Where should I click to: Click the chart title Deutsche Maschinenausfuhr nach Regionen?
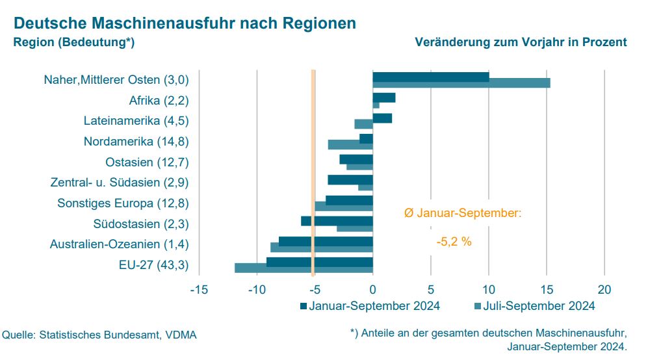pos(185,23)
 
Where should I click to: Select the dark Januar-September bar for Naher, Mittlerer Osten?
pos(430,77)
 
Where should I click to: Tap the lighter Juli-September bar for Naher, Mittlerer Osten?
pos(461,83)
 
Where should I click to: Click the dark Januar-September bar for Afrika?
pos(383,97)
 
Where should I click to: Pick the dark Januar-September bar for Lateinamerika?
pos(382,118)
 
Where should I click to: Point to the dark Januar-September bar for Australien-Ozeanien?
pos(325,241)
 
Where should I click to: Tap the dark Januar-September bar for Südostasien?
pos(336,221)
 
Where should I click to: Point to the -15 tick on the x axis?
pos(198,289)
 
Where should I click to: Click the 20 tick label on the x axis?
pos(604,289)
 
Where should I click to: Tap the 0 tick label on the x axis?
pos(372,289)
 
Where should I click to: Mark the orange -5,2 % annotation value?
pos(454,242)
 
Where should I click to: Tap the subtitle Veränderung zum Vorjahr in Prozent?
pos(520,42)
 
